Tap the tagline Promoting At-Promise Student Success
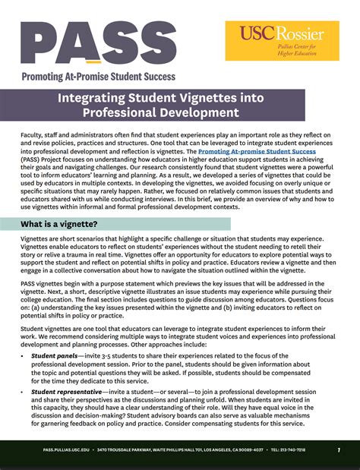[98, 76]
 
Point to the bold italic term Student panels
[54, 355]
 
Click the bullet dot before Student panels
[24, 355]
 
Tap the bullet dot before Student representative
[24, 391]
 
